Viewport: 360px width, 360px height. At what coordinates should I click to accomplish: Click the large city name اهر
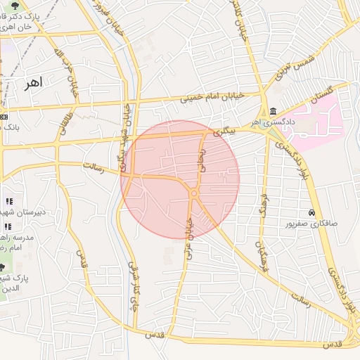(32, 83)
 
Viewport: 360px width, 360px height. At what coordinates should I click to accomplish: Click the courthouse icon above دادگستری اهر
(271, 111)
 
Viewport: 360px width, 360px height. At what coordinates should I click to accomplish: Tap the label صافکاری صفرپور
(310, 224)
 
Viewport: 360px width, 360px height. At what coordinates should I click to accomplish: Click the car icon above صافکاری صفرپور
(310, 212)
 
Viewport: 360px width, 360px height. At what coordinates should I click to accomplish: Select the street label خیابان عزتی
(188, 235)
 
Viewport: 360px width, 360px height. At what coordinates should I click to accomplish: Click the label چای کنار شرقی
(131, 285)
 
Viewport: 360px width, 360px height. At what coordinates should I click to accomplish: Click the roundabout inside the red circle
(193, 193)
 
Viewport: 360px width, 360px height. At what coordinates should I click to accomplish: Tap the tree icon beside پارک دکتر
(15, 6)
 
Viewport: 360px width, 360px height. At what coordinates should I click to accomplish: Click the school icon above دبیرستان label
(8, 202)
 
